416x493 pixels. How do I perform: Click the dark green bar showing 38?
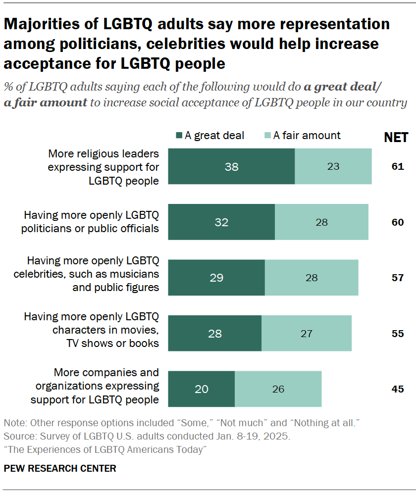click(231, 166)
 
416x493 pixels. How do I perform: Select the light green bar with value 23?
click(333, 166)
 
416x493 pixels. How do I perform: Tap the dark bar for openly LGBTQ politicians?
click(221, 222)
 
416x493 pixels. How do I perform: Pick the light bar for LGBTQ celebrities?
click(311, 278)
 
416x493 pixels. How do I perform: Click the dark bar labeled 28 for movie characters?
click(215, 333)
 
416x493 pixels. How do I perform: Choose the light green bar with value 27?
click(306, 333)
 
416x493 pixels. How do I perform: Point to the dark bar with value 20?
click(202, 389)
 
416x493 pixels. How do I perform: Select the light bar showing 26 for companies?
click(278, 389)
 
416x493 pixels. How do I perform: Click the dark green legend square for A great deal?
click(179, 136)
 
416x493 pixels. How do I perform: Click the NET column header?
click(396, 137)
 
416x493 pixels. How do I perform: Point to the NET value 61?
click(398, 166)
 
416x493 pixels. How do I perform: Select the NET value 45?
click(398, 389)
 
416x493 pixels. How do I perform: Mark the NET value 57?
click(398, 278)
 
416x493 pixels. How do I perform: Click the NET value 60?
click(398, 222)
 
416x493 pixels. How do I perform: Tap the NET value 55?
click(398, 333)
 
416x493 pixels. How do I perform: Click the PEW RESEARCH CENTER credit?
click(60, 468)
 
